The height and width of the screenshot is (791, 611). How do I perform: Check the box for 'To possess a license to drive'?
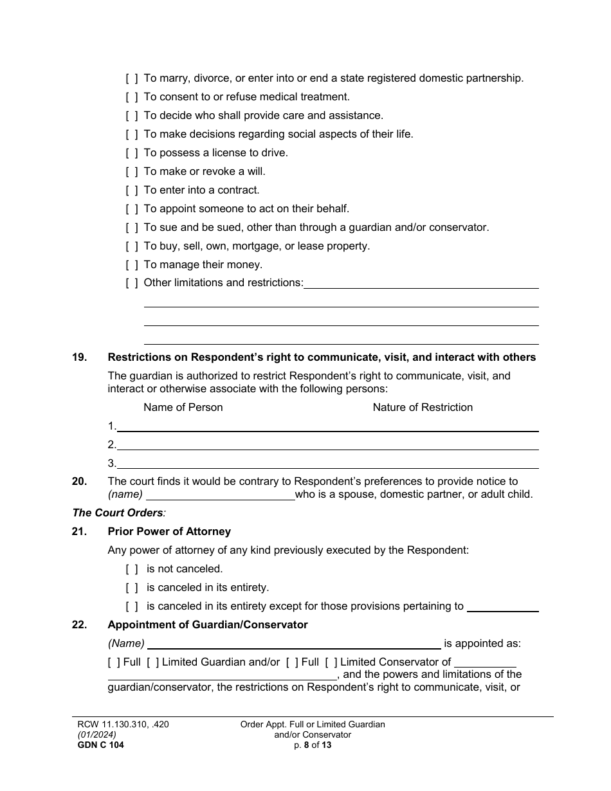coord(131,153)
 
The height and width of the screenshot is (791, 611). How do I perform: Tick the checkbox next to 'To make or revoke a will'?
coord(131,172)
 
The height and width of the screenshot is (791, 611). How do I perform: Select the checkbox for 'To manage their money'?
coord(131,264)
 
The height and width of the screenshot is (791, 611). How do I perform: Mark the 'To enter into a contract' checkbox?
coord(131,190)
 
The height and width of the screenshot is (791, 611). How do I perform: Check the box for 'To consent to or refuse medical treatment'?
coord(131,97)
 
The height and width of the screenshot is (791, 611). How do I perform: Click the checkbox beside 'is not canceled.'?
coord(131,569)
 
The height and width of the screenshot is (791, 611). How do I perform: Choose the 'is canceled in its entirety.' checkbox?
coord(131,588)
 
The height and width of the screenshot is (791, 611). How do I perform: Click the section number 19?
coord(78,358)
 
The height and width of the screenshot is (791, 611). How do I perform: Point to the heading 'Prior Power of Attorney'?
coord(169,532)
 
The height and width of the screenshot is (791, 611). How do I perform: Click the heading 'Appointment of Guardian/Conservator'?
coord(208,625)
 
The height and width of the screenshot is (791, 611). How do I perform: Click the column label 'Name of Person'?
coord(183,407)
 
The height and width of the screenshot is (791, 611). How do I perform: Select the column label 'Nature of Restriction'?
coord(423,407)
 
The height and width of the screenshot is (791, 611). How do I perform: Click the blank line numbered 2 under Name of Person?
coord(327,445)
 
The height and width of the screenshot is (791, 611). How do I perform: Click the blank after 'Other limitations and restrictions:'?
coord(421,284)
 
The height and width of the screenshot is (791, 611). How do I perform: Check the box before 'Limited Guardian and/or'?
coord(152,662)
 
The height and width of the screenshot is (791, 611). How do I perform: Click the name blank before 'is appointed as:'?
coord(294,644)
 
